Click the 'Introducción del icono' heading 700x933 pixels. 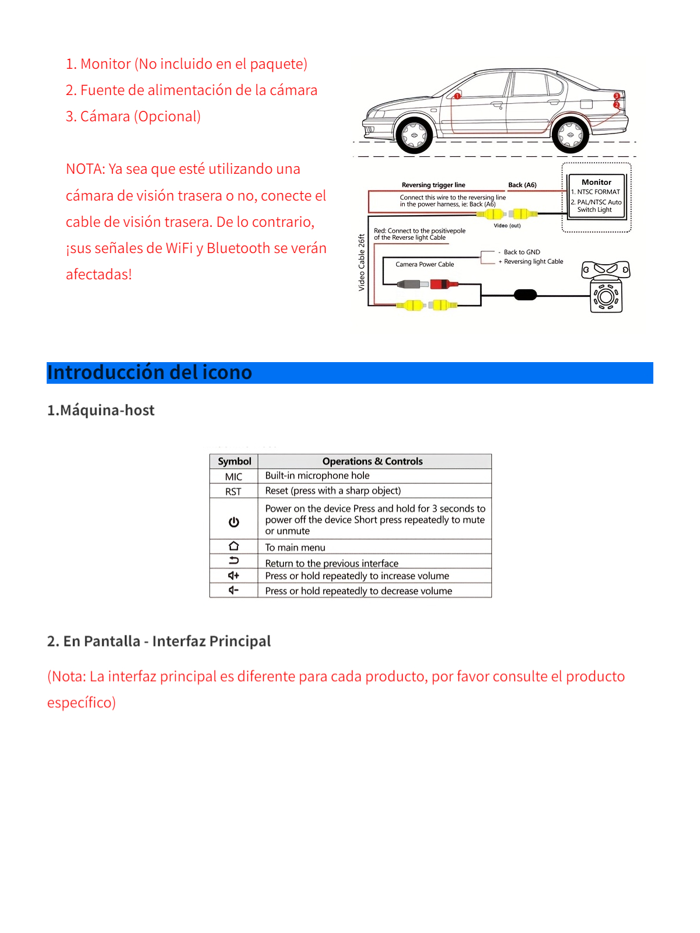[x=150, y=373]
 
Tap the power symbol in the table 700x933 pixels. [x=234, y=522]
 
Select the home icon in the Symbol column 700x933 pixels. [x=234, y=546]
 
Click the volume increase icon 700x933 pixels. [x=234, y=576]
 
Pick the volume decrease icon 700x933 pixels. [x=234, y=590]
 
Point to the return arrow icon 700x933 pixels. [x=234, y=561]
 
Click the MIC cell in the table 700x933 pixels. [x=234, y=476]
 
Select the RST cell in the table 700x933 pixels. [x=234, y=492]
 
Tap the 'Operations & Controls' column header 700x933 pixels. [x=372, y=461]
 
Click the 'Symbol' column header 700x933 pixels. [x=235, y=461]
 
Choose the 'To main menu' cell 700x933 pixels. [x=295, y=548]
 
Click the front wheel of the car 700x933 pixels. [x=415, y=135]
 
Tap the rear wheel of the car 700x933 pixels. [x=570, y=135]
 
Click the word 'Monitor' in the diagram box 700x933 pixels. [x=596, y=183]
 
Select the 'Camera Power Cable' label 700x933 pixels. [x=425, y=264]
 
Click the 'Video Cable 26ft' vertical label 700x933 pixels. [x=362, y=262]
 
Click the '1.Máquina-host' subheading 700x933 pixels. [x=101, y=411]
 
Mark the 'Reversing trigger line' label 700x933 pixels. [x=433, y=185]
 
